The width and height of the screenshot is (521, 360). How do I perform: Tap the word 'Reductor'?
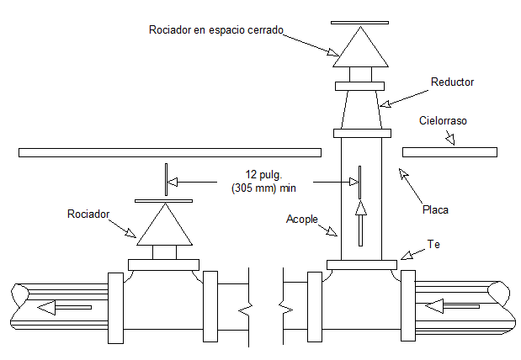coord(452,82)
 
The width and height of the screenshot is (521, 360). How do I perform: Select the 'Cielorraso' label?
coord(443,121)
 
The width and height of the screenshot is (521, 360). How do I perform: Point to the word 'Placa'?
coord(435,210)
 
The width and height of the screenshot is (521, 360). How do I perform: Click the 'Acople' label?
coord(302,219)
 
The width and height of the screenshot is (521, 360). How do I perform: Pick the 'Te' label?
coord(433,244)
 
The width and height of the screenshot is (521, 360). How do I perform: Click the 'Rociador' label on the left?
coord(88,214)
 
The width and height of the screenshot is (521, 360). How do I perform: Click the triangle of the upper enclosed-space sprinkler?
coord(359,49)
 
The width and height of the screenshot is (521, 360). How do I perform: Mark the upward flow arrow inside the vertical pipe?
coord(360,222)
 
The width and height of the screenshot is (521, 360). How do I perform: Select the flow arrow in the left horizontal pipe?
coord(64,307)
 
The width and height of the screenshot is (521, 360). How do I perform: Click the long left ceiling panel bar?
coord(169,152)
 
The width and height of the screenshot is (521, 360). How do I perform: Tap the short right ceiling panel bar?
coord(449,152)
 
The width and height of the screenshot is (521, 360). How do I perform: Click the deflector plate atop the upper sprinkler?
coord(359,22)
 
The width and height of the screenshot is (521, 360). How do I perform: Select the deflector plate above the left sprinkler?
coord(163,201)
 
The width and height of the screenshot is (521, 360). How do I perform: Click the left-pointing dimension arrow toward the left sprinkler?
coord(202,181)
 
